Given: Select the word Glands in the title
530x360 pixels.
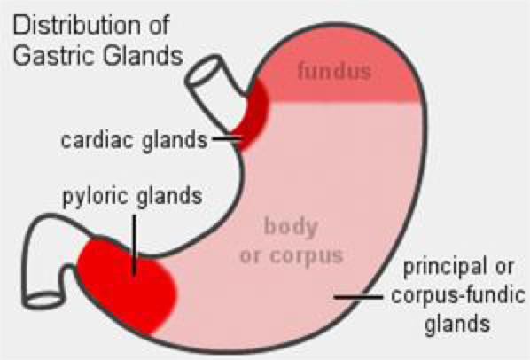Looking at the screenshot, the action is (x=143, y=56).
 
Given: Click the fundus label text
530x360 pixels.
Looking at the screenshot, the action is (x=334, y=71).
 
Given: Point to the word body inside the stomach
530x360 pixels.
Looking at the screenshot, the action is (x=291, y=227).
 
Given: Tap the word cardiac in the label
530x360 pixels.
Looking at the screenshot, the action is (x=97, y=139).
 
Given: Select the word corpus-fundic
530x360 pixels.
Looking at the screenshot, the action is (x=458, y=295).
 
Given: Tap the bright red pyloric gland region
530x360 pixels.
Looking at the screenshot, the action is (x=127, y=282).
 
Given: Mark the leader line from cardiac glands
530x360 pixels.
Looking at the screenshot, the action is (x=227, y=138).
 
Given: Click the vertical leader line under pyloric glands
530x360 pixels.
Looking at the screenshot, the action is (x=135, y=245).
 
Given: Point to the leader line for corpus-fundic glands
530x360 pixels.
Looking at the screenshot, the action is (x=359, y=297).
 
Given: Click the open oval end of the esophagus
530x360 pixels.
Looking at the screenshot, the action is (x=204, y=72).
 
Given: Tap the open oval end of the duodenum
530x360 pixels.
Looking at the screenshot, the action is (x=44, y=301).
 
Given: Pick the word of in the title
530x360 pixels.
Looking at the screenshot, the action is (x=159, y=26).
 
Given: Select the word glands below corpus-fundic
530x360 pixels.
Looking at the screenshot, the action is (x=457, y=324).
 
